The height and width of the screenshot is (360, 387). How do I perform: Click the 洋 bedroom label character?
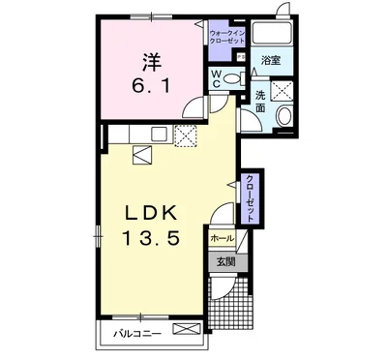coord(152,62)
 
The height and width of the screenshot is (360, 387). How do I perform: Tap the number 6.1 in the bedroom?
coord(151,85)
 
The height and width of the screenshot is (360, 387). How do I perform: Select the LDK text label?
coord(152,213)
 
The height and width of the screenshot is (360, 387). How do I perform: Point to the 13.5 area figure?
coord(151,239)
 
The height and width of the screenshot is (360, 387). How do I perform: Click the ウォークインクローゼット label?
coord(227,37)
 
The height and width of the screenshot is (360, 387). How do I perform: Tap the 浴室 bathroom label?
coord(271,60)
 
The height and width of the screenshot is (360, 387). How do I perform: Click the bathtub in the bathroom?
coord(272,33)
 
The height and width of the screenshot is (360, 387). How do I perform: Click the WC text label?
coord(216,79)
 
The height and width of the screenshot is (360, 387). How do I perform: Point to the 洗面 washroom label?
coord(260,102)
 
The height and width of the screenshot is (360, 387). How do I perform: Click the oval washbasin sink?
coord(284,116)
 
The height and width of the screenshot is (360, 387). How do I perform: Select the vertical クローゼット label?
coord(250,197)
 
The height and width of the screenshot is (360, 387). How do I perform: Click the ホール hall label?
coord(223,239)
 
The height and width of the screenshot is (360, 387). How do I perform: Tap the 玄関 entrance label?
coord(225,262)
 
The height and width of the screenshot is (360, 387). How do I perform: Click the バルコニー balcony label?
coord(136,334)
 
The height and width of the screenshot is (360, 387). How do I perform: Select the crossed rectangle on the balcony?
coord(187,329)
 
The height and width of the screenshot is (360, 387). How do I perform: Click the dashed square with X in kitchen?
coord(186,135)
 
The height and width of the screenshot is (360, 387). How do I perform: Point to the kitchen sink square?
coord(159,134)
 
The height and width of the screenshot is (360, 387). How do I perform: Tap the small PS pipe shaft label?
coord(241,57)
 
